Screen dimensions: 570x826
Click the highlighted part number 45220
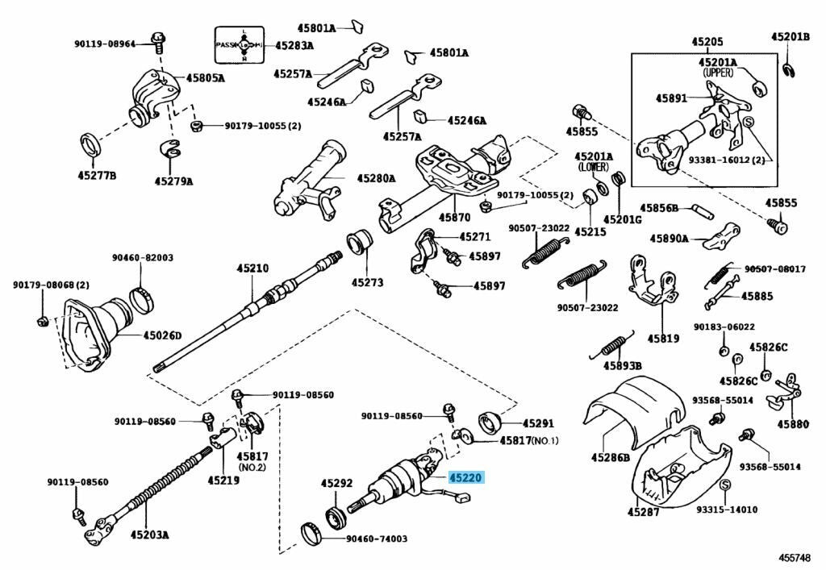tap(465, 478)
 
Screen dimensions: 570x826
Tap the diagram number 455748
tap(797, 556)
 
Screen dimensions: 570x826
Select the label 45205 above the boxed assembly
tap(707, 41)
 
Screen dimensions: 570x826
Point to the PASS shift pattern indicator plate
tap(239, 45)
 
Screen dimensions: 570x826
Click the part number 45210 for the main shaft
tap(252, 268)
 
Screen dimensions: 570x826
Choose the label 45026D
tap(163, 335)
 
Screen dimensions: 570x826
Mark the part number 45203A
tap(145, 534)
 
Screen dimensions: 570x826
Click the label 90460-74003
tap(377, 539)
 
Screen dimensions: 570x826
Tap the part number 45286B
tap(610, 458)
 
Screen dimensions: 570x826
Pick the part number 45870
tap(454, 218)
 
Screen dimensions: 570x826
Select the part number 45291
tap(538, 422)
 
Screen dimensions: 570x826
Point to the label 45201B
tap(789, 36)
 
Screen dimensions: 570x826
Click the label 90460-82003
tap(142, 258)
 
